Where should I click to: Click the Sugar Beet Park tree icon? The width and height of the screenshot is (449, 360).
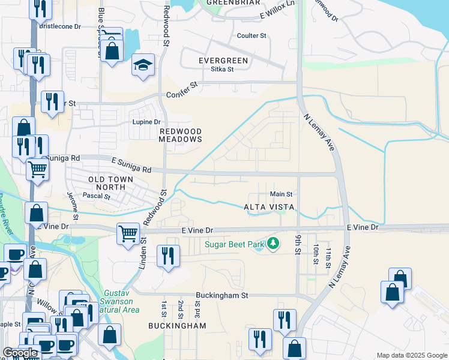tap(274, 244)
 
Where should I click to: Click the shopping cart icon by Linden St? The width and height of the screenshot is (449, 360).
tap(128, 233)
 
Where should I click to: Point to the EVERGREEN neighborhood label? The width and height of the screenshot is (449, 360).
tap(223, 61)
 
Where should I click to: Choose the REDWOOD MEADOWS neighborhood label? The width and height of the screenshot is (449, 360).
tap(180, 135)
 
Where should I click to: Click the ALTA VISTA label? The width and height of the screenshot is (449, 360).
tap(269, 207)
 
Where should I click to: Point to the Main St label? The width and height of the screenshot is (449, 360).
tap(281, 194)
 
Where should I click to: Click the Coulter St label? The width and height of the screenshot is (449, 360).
tap(252, 36)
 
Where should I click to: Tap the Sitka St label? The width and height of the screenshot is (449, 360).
tap(222, 69)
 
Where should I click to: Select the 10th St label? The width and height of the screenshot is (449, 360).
tap(315, 253)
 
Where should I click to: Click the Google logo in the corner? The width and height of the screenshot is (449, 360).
tap(20, 353)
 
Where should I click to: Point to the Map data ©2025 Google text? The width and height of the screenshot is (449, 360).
tap(412, 355)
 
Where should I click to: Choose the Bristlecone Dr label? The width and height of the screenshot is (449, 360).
tap(60, 26)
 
